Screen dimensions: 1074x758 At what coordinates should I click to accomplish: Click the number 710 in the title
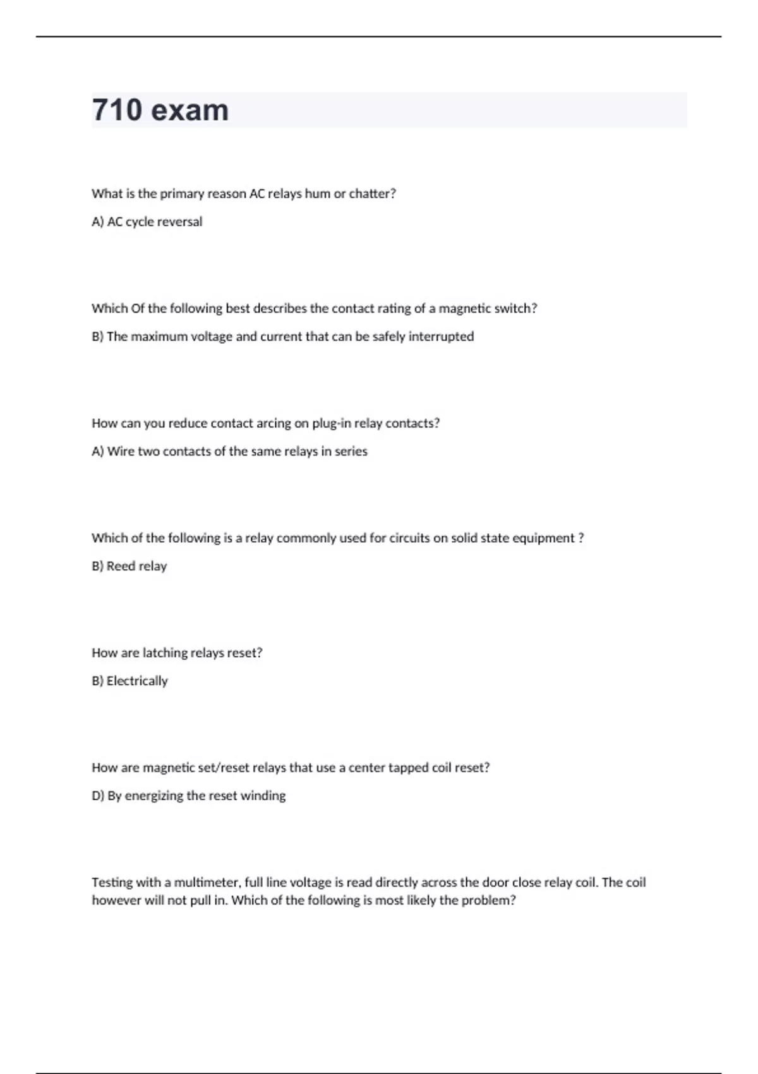(117, 110)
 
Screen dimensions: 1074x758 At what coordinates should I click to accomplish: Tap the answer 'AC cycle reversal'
(155, 222)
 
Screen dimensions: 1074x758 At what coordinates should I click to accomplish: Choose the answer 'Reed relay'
(136, 566)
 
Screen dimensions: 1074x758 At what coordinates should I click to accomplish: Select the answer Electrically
(137, 681)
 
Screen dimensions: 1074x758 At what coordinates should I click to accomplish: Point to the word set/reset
(224, 768)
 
